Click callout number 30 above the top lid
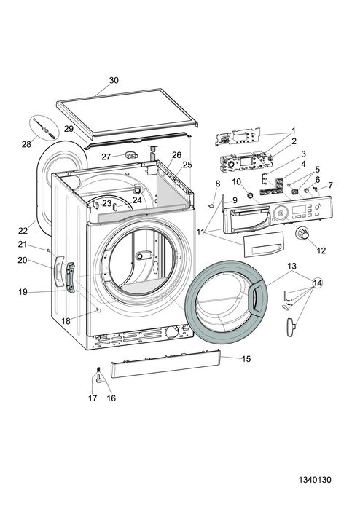114,80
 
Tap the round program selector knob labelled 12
301,234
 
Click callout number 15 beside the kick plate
246,359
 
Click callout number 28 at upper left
26,144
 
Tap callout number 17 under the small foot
93,398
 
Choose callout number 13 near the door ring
291,267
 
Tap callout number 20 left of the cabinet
22,260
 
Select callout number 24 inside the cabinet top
137,199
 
